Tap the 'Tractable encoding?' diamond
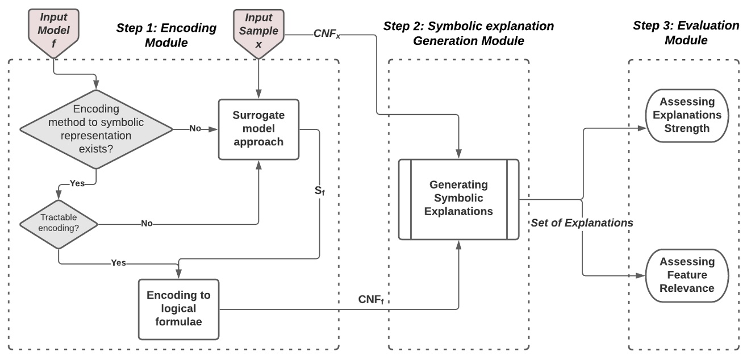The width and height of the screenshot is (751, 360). pos(58,223)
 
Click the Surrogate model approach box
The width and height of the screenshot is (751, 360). pos(258,129)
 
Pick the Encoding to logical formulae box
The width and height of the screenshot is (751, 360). pos(179,309)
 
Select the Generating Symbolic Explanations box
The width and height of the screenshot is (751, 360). pos(458,199)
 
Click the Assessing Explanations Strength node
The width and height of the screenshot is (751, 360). pos(687,115)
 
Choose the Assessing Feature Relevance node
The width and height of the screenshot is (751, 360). pos(687,275)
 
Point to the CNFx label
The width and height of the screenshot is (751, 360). pos(327,34)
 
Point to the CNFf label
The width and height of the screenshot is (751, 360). pos(371,299)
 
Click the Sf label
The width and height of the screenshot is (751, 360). pos(320,190)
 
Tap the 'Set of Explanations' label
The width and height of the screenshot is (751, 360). pos(582,223)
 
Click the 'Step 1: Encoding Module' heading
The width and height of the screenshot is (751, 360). pos(166,35)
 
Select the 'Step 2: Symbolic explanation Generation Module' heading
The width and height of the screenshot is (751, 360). pos(468,34)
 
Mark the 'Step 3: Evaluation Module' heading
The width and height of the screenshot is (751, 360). pos(686,33)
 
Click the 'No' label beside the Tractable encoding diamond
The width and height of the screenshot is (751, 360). pos(147,224)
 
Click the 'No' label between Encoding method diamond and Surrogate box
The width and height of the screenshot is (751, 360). pos(195,129)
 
